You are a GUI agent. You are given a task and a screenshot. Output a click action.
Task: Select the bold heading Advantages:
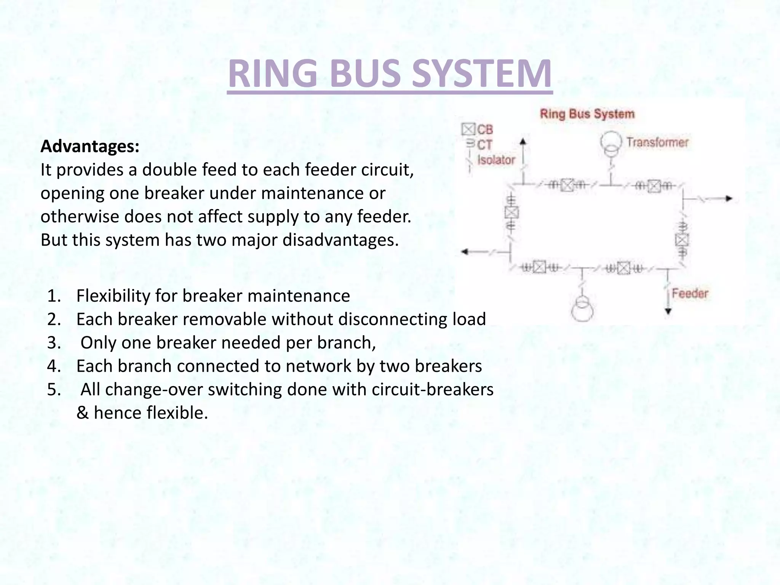90,146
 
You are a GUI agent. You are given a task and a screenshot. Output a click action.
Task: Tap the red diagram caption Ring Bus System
587,114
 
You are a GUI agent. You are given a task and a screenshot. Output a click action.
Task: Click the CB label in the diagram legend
485,130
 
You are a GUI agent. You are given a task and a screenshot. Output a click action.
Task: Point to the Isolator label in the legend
496,160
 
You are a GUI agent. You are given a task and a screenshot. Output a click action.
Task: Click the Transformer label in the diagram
657,142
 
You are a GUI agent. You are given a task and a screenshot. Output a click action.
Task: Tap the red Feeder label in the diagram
690,294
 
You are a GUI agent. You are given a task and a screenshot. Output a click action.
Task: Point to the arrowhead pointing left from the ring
465,252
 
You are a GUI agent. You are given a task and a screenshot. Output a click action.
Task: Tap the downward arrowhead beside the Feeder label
668,312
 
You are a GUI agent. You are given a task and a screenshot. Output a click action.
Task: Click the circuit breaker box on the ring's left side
511,213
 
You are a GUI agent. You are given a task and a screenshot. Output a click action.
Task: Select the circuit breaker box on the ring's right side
682,240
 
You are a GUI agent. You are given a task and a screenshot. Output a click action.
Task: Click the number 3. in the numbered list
54,343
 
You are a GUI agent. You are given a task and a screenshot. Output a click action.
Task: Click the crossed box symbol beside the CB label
468,129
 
